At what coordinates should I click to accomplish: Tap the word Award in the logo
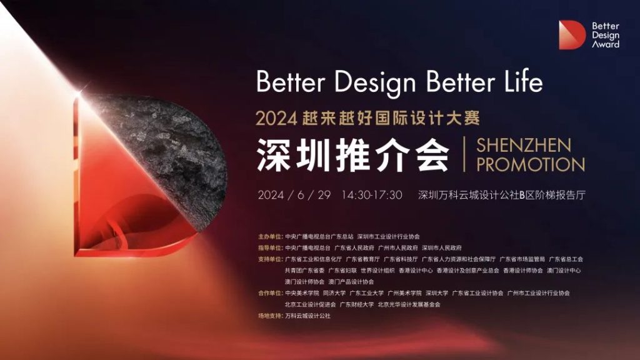pyautogui.click(x=606, y=44)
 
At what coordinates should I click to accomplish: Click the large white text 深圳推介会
pyautogui.click(x=353, y=154)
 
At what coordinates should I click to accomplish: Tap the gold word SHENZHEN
pyautogui.click(x=524, y=146)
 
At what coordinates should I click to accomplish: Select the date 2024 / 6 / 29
pyautogui.click(x=293, y=194)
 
